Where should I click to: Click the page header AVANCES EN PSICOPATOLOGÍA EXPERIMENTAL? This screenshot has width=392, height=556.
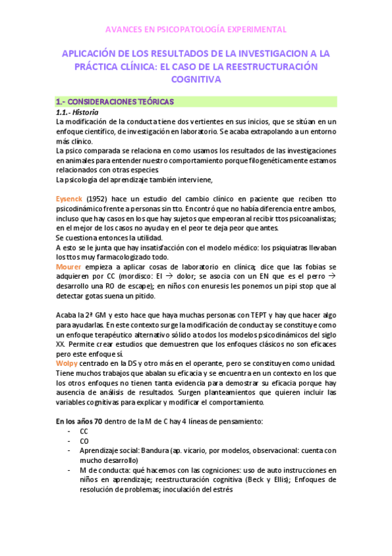[x=196, y=30]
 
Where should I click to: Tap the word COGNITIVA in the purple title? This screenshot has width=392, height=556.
[x=196, y=79]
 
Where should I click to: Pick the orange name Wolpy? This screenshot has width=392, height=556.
[x=68, y=363]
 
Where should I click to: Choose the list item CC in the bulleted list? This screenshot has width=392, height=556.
[x=84, y=431]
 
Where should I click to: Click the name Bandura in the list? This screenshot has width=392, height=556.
[x=152, y=450]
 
